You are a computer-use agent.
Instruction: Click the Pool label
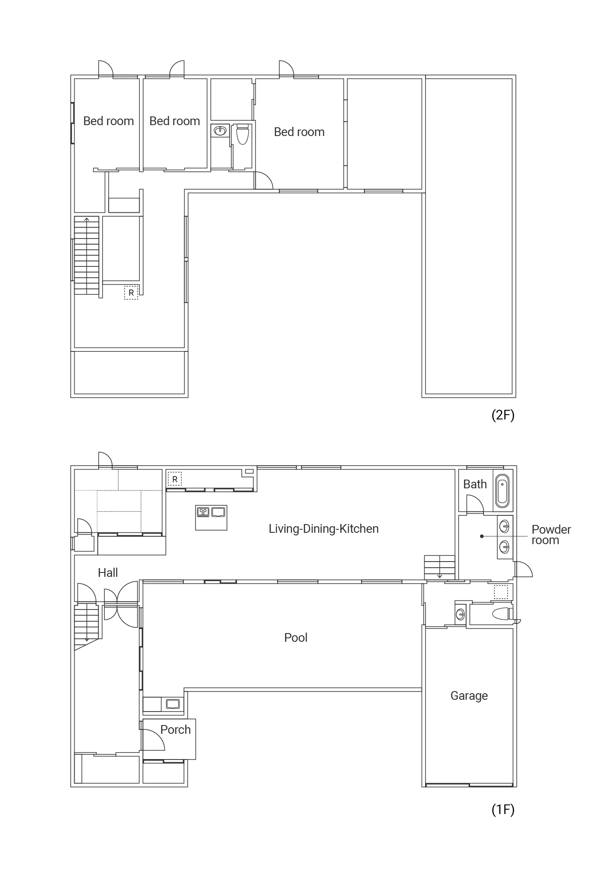tap(296, 638)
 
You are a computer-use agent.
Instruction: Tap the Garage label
tap(469, 696)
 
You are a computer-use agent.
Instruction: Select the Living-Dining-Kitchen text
tap(323, 529)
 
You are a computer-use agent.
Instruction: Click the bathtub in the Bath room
tap(503, 490)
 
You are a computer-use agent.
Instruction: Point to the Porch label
tap(175, 729)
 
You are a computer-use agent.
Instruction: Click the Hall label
tap(108, 572)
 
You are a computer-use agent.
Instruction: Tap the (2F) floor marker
tap(503, 415)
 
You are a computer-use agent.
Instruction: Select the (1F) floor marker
tap(503, 810)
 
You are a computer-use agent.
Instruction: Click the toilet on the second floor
tap(242, 134)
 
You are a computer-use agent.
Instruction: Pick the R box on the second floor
tap(131, 293)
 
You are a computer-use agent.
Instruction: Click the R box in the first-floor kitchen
tap(175, 479)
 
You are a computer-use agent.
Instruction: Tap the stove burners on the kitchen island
tap(203, 511)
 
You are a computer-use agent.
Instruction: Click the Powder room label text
tap(551, 535)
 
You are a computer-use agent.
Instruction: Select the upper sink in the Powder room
tap(505, 527)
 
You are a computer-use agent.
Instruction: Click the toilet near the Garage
tap(501, 614)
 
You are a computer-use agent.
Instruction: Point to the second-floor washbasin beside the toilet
tap(220, 130)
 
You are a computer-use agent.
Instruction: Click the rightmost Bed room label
tap(299, 132)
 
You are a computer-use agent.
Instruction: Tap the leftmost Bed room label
tap(109, 121)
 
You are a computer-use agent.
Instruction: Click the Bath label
tap(475, 484)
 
